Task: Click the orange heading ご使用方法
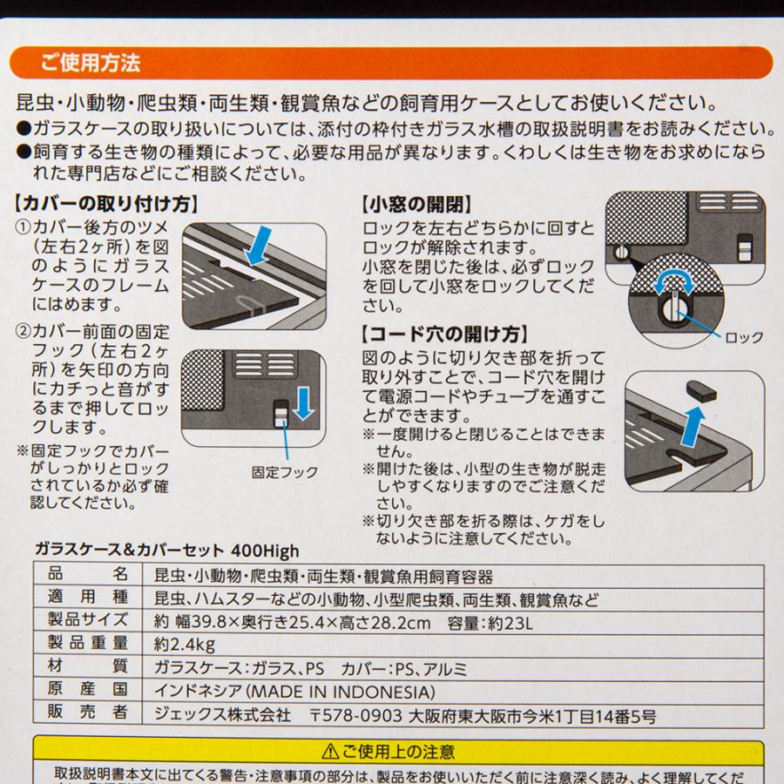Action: click(90, 64)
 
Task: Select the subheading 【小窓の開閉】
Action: click(416, 206)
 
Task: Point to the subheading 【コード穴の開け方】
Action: click(443, 334)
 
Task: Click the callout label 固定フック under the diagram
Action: click(284, 472)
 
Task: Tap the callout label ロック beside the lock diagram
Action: click(744, 337)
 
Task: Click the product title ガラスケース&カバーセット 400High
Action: click(166, 551)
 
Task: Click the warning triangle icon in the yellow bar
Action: click(329, 750)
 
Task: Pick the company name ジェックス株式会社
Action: click(221, 715)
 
